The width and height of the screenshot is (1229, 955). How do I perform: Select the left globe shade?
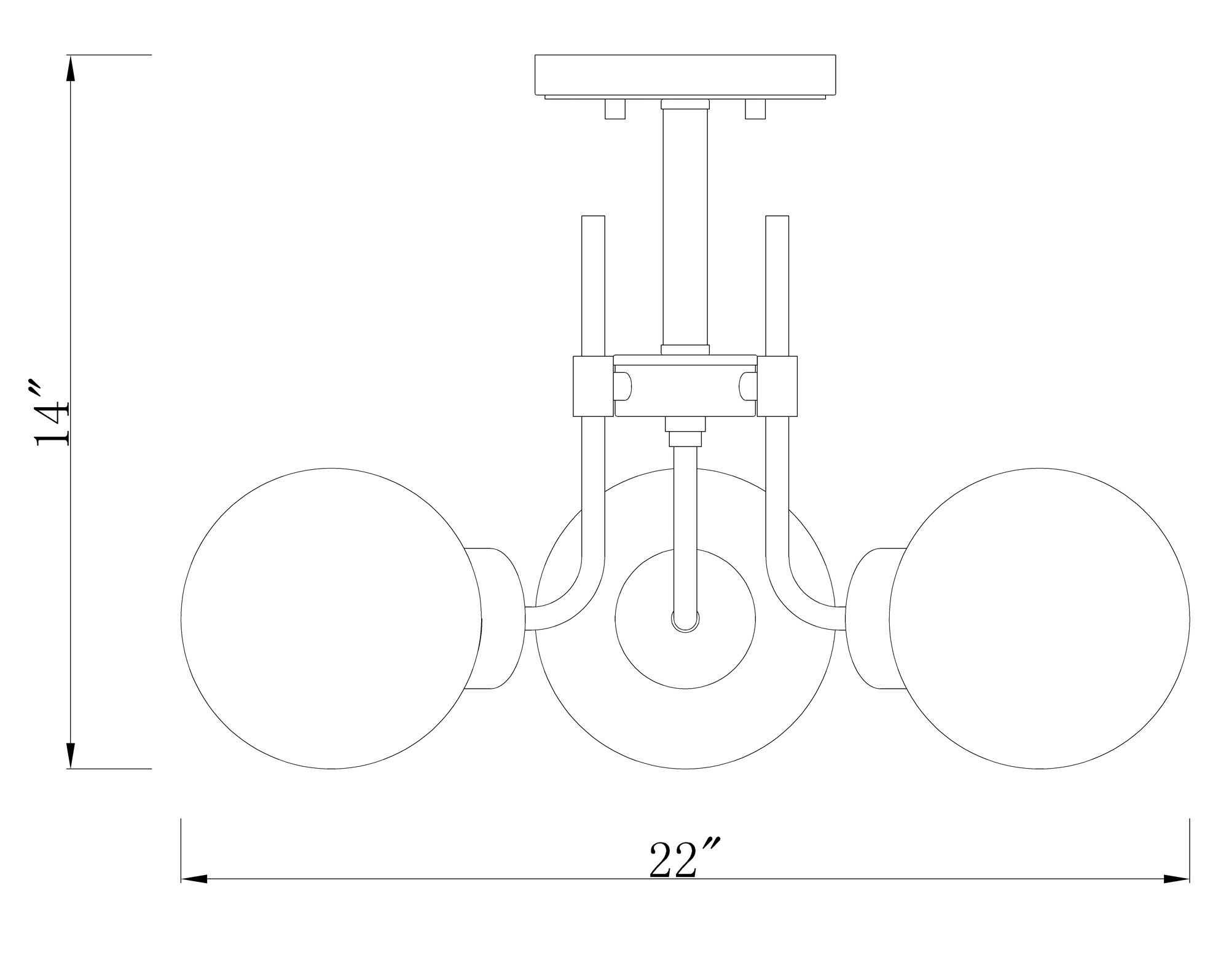[332, 618]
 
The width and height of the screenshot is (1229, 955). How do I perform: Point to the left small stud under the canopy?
[614, 109]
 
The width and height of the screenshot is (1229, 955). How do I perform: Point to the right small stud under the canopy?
[755, 109]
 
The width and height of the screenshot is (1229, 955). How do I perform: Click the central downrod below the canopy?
[685, 228]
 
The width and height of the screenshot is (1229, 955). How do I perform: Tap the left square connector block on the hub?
[593, 386]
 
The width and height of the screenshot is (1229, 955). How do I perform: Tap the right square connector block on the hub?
[777, 386]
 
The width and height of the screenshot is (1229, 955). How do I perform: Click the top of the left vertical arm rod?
[593, 220]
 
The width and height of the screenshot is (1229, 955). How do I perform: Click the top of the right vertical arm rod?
[777, 220]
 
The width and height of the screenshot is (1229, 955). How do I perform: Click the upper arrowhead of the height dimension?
[71, 68]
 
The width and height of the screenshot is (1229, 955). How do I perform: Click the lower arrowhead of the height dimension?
[71, 756]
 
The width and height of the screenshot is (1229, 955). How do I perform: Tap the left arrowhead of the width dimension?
[194, 879]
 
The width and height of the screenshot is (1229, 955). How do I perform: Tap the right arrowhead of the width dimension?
[1177, 879]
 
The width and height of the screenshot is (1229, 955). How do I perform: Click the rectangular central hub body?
[685, 387]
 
